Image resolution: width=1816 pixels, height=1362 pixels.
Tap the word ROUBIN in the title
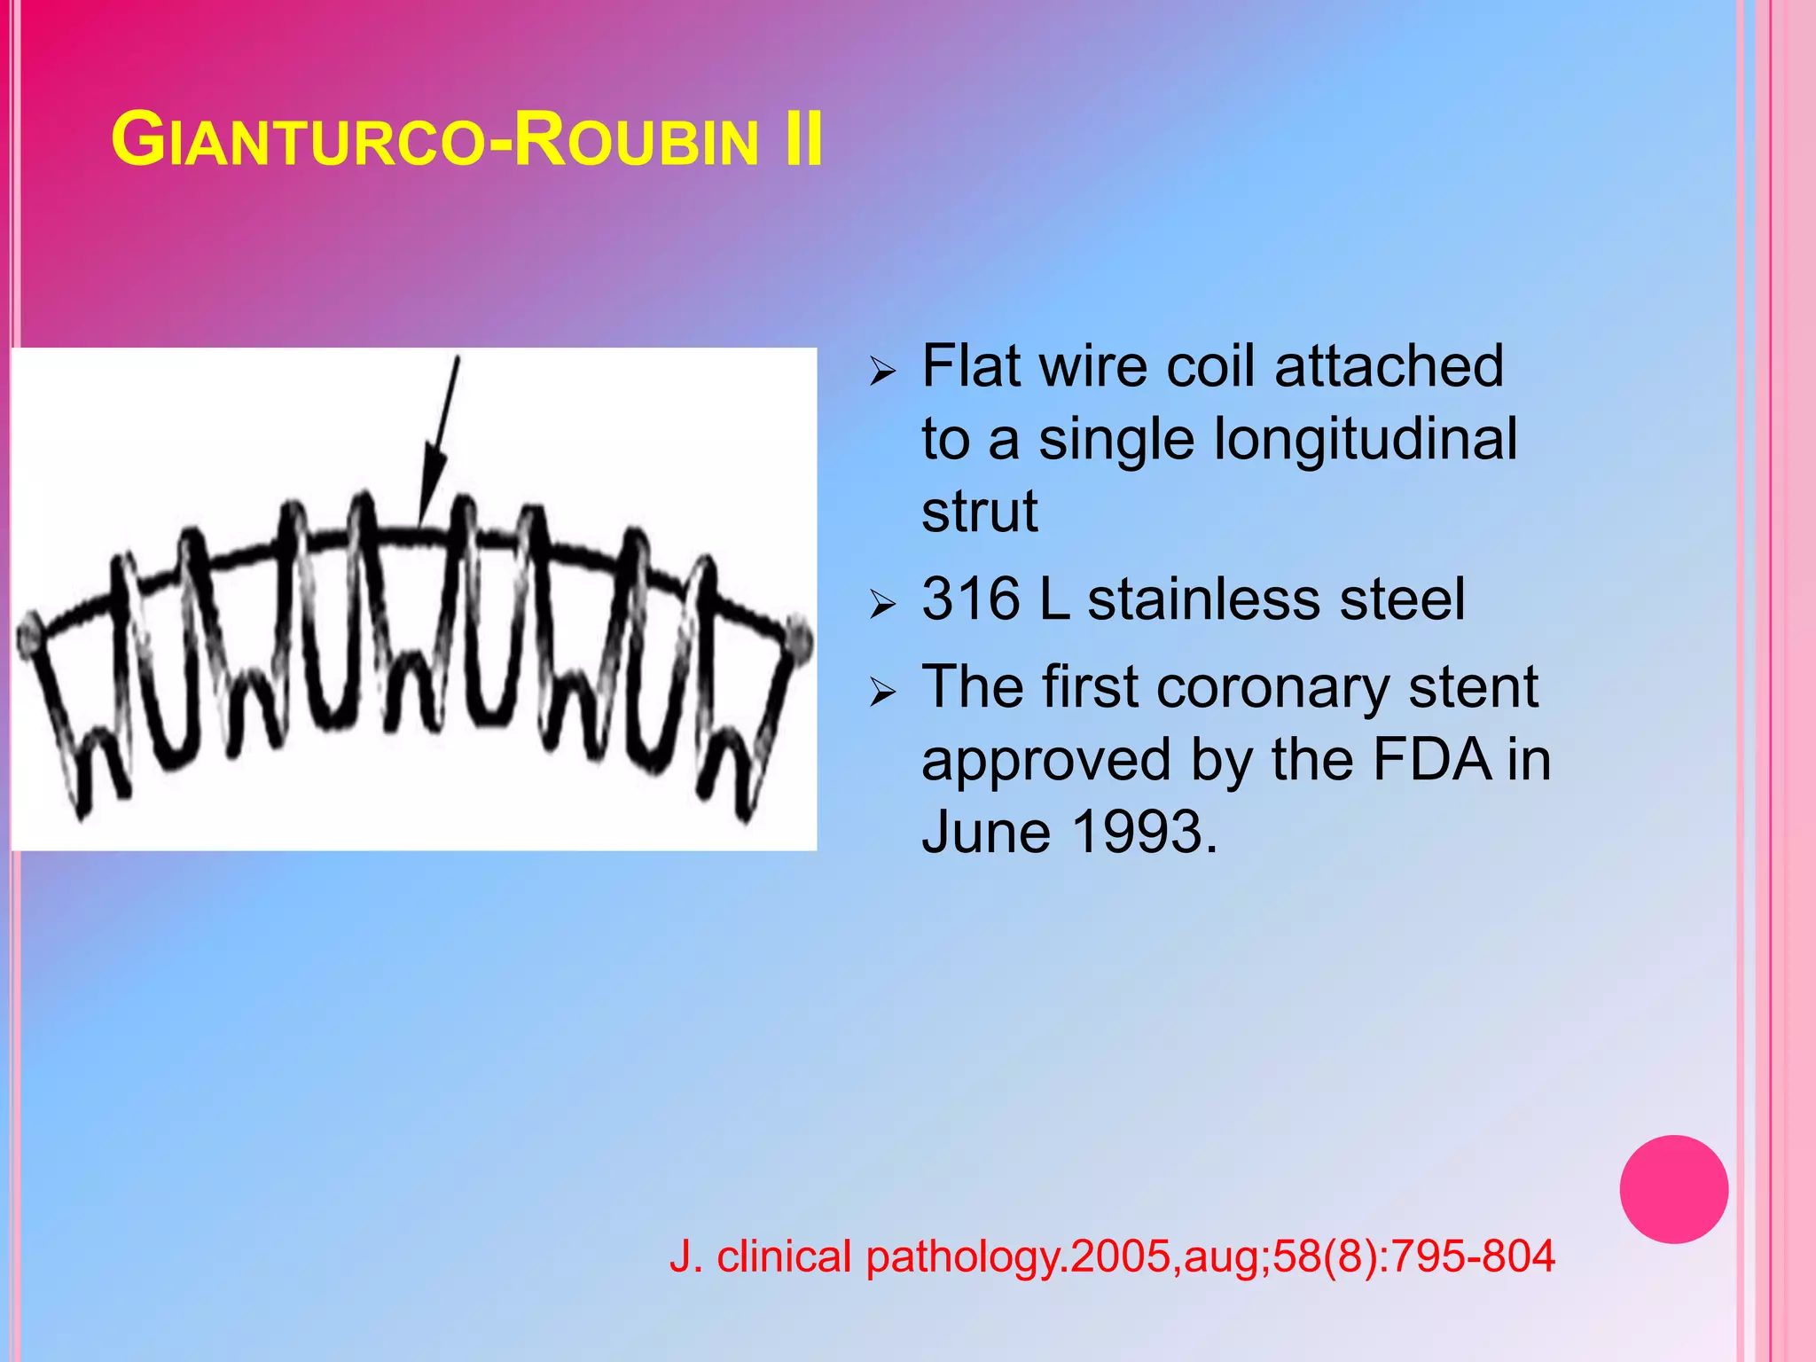click(x=635, y=140)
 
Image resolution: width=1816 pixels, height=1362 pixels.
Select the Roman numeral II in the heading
click(x=803, y=140)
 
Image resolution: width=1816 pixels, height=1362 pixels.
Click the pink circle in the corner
click(x=1673, y=1189)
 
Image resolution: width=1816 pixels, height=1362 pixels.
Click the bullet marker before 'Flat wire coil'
click(x=883, y=371)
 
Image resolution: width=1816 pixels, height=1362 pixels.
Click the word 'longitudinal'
click(x=1366, y=440)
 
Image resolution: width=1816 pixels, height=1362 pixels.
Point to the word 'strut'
click(x=979, y=512)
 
